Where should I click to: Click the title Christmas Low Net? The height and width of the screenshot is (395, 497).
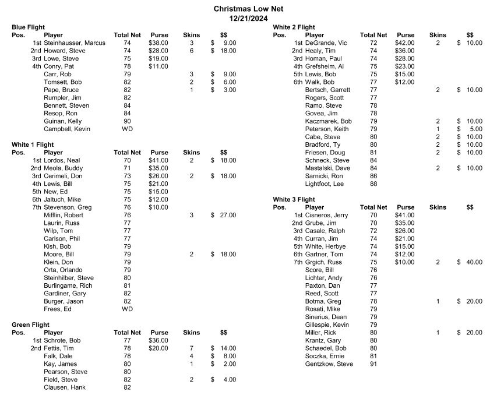click(x=248, y=9)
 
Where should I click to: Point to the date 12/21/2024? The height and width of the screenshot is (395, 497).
click(x=248, y=19)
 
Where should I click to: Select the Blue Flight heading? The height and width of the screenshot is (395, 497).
click(x=28, y=27)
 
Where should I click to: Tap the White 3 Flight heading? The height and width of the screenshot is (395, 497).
click(x=294, y=199)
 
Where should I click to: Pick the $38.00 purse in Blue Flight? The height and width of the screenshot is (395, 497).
click(x=158, y=43)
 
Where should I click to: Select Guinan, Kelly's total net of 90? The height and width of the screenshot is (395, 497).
click(x=127, y=121)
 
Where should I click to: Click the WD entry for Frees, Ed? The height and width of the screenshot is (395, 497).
click(x=127, y=309)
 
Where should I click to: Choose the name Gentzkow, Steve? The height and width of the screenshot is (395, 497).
click(x=329, y=364)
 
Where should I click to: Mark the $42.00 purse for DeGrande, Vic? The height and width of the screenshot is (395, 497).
click(x=405, y=43)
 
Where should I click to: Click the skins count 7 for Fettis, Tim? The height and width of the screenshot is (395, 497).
click(x=191, y=348)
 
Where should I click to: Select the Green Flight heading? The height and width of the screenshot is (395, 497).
click(x=30, y=325)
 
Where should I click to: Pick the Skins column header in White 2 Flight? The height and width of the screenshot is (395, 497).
click(x=438, y=35)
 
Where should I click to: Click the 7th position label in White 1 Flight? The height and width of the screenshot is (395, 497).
click(x=36, y=207)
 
